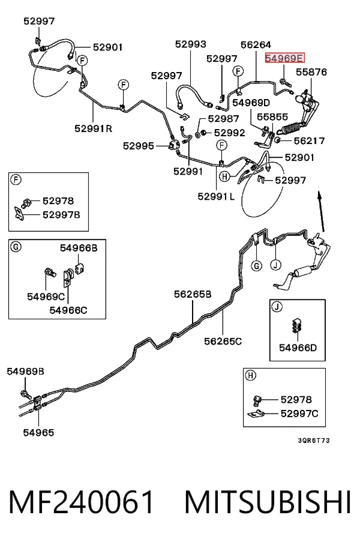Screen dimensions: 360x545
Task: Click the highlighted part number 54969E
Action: pyautogui.click(x=284, y=58)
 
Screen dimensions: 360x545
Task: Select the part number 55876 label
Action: pyautogui.click(x=311, y=72)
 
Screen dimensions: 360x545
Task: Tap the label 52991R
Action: pyautogui.click(x=93, y=128)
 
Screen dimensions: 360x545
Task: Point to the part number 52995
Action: pyautogui.click(x=139, y=146)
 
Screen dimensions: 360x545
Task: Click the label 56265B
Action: pyautogui.click(x=193, y=294)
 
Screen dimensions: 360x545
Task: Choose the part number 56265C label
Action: pyautogui.click(x=223, y=342)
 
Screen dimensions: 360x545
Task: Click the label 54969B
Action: pyautogui.click(x=25, y=371)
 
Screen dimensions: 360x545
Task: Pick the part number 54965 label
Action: pyautogui.click(x=38, y=433)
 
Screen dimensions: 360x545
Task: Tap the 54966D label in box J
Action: pyautogui.click(x=298, y=348)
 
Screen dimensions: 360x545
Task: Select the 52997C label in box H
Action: pyautogui.click(x=299, y=414)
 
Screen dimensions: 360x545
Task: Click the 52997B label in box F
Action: pyautogui.click(x=61, y=215)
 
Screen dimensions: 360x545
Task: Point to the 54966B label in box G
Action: pyautogui.click(x=79, y=248)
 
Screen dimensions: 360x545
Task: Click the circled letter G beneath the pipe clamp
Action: pyautogui.click(x=256, y=266)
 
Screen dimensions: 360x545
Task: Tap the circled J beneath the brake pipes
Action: pyautogui.click(x=275, y=265)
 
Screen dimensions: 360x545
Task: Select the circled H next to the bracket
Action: pyautogui.click(x=224, y=176)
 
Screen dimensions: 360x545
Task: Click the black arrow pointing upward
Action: pyautogui.click(x=321, y=211)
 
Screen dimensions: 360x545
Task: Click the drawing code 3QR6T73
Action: pyautogui.click(x=314, y=441)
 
